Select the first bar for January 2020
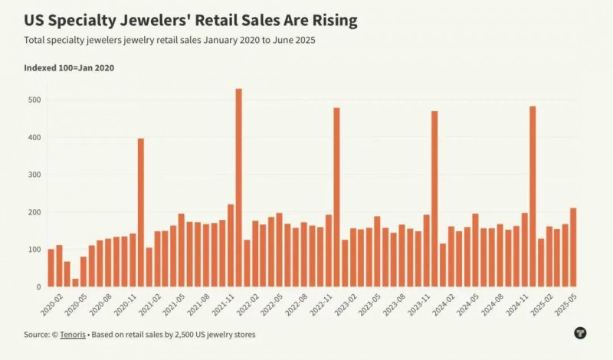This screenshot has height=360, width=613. tap(51, 267)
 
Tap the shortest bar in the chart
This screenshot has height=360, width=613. tap(75, 282)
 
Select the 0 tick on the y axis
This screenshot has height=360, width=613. tap(36, 287)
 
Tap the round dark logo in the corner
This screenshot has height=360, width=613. tap(580, 332)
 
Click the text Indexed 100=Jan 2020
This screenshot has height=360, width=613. tap(69, 68)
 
